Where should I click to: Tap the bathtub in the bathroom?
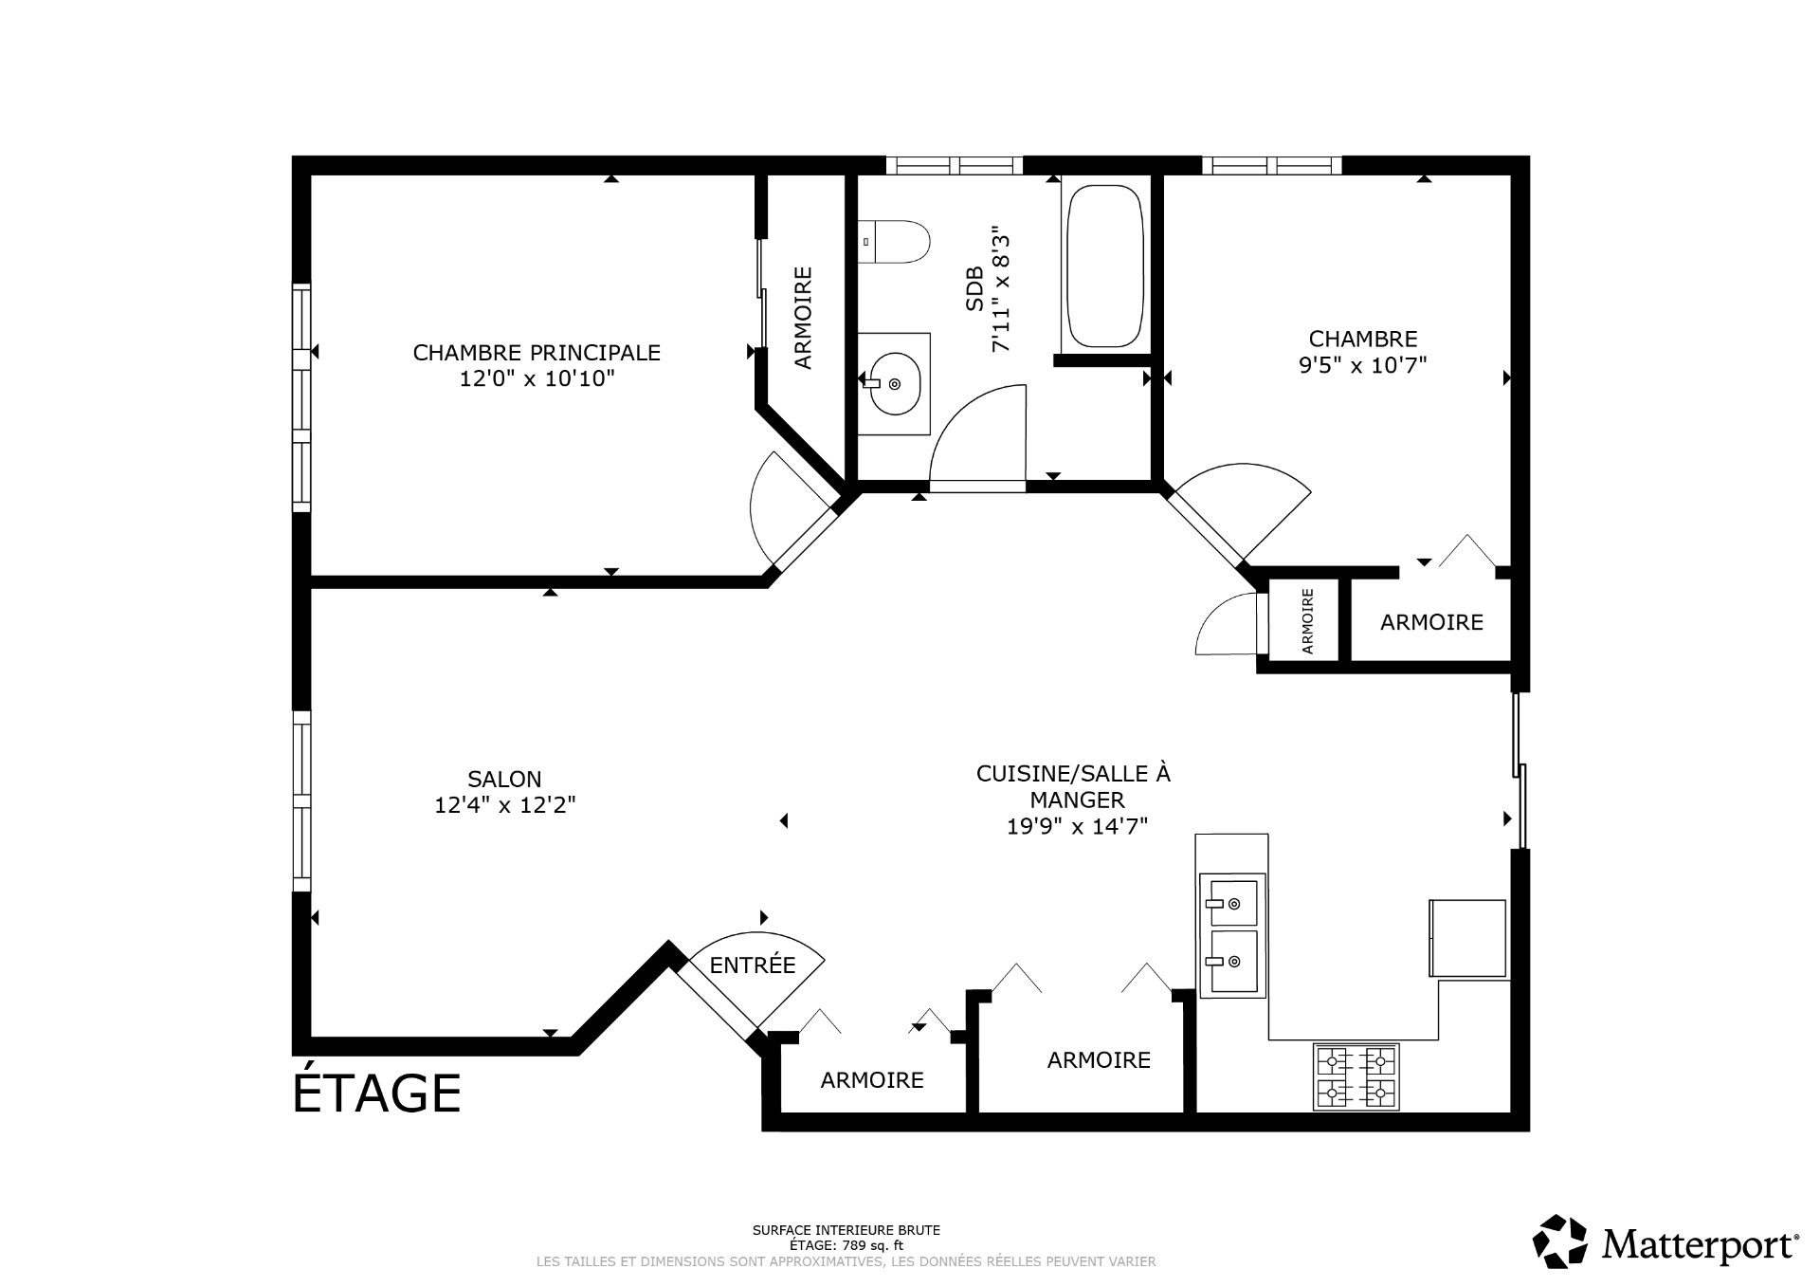(x=1104, y=265)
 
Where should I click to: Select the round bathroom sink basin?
(x=894, y=383)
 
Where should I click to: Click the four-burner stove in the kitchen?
(x=1356, y=1076)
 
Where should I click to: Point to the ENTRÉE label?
(x=753, y=965)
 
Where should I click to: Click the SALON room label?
(x=504, y=780)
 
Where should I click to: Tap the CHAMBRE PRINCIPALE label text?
(x=537, y=353)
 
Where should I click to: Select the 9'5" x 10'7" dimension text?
(x=1363, y=365)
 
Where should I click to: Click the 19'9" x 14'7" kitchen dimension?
(x=1078, y=826)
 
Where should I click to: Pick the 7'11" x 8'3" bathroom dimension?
(x=1002, y=288)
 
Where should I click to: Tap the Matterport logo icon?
(x=1560, y=1241)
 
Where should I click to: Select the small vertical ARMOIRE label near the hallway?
(x=1308, y=621)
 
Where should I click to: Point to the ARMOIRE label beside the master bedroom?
(x=803, y=318)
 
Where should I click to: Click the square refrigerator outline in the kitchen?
(x=1467, y=938)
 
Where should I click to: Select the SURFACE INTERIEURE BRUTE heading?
(x=846, y=1231)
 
